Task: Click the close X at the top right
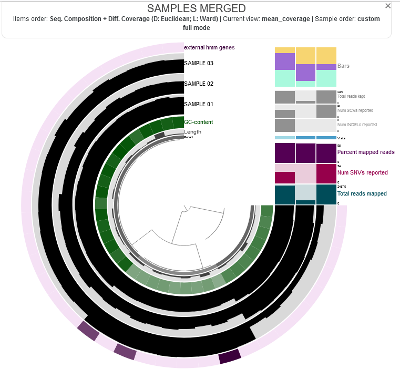pos(388,6)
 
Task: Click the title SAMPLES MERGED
pos(196,8)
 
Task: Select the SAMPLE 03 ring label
pos(199,64)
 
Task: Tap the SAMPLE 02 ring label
pos(199,84)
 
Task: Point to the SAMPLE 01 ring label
pos(199,104)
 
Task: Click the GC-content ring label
pos(199,122)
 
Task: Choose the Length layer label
pos(192,132)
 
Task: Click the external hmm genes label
pos(209,48)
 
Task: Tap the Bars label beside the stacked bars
pos(343,66)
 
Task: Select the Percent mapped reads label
pos(366,152)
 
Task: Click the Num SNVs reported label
pos(363,173)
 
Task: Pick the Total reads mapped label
pos(362,194)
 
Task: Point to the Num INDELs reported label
pos(357,125)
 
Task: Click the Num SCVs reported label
pos(355,111)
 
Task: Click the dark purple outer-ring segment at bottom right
pos(230,357)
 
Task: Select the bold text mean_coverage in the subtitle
pos(290,19)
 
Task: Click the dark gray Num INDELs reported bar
pos(284,125)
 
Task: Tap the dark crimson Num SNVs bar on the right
pos(326,173)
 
